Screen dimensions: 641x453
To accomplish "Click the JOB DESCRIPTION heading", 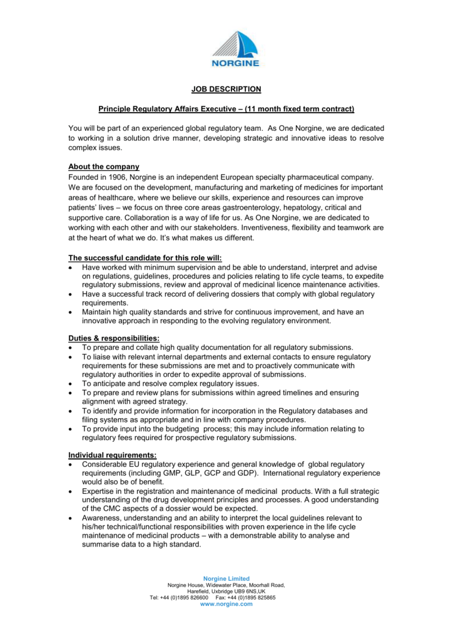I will (227, 90).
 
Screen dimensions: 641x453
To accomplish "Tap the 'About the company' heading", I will (104, 167).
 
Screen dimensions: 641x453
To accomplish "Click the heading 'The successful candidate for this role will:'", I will (145, 257).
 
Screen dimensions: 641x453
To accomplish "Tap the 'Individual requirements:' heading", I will (113, 454).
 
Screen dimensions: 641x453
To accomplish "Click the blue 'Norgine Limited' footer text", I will (227, 578).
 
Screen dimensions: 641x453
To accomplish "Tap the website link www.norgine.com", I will (227, 604).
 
